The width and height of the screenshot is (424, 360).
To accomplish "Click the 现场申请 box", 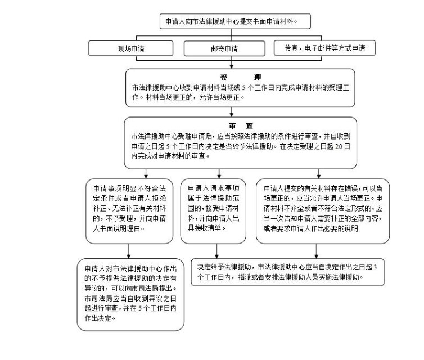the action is [x=130, y=48].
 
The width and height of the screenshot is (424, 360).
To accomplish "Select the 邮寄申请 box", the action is [x=224, y=49].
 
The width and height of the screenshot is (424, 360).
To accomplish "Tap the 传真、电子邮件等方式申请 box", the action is [x=324, y=48].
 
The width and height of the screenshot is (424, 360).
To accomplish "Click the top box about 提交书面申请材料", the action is [x=235, y=21].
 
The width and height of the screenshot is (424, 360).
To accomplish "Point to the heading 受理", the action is [x=240, y=78].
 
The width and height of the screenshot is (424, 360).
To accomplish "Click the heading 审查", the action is [x=241, y=126].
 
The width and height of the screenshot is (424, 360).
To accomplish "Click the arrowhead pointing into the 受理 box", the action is [x=232, y=66].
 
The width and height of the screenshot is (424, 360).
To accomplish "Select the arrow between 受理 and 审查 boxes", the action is [x=232, y=112].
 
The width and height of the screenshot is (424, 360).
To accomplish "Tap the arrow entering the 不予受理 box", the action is [x=146, y=174].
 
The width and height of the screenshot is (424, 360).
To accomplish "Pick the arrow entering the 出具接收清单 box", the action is [x=219, y=174].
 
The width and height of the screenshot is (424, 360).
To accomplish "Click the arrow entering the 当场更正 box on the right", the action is [x=318, y=174].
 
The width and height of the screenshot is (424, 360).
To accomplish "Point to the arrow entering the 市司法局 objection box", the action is [x=129, y=251].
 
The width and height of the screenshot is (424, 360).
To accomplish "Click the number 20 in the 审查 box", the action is [x=339, y=146].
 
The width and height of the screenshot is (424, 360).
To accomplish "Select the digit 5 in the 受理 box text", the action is [x=243, y=88].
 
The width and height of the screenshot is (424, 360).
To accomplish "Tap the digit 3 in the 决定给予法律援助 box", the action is [x=375, y=267].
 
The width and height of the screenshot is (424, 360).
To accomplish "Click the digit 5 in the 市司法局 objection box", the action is [x=140, y=308].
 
